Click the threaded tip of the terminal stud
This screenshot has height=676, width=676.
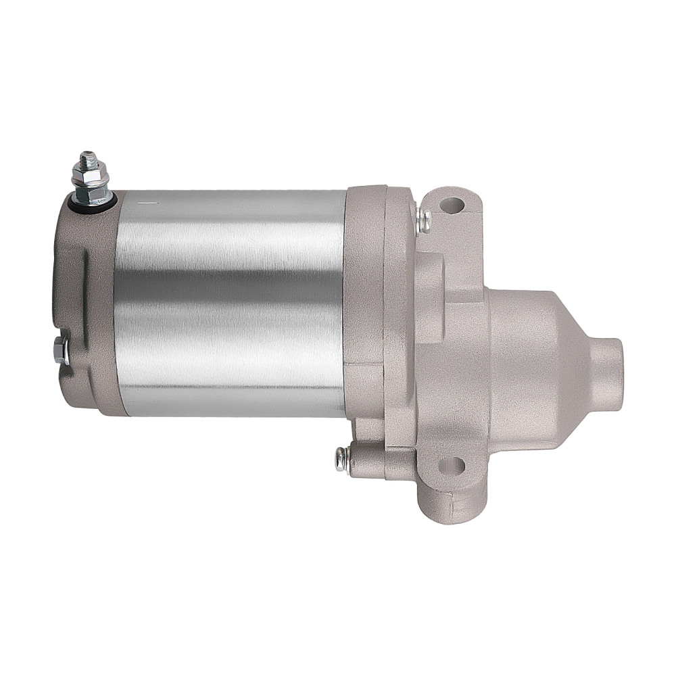(85, 160)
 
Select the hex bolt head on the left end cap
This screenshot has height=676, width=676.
(59, 349)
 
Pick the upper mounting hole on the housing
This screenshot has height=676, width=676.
(453, 203)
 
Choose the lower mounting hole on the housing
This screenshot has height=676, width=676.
(452, 465)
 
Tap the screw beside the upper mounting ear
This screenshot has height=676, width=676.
(425, 220)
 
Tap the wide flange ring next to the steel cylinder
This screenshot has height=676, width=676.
(365, 297)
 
